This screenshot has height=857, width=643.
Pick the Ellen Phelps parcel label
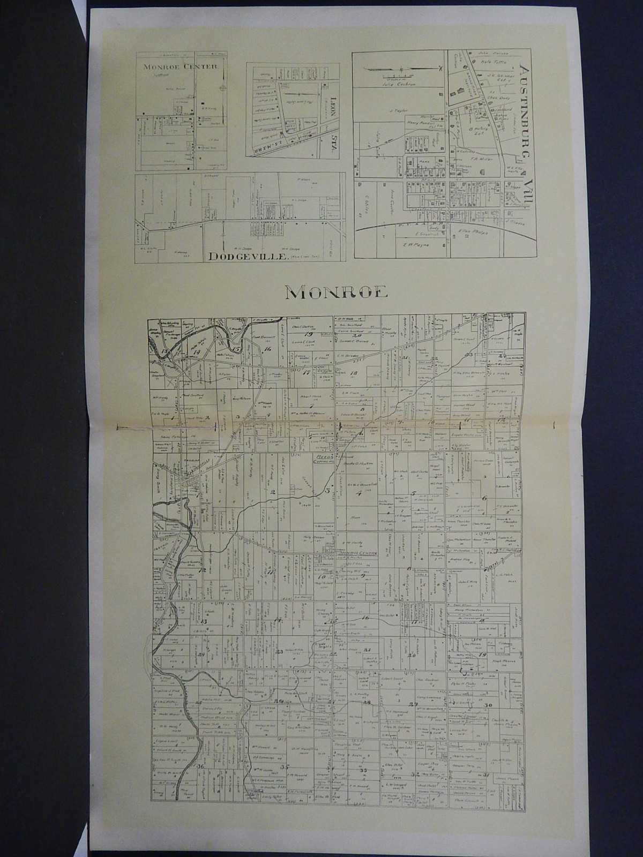coord(467,232)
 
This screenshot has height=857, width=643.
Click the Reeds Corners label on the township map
coord(323,458)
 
